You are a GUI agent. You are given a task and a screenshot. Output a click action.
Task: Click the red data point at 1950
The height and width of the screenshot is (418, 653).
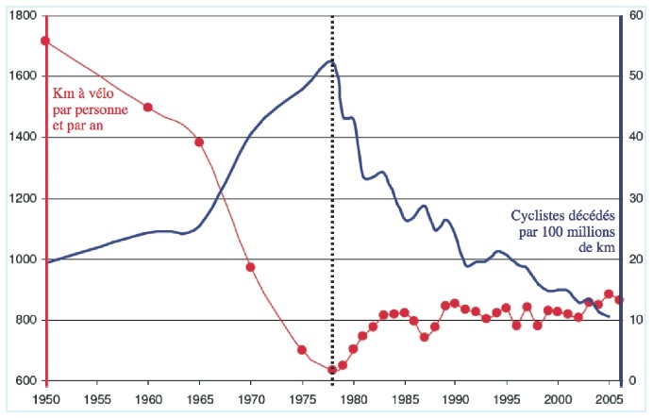click(45, 41)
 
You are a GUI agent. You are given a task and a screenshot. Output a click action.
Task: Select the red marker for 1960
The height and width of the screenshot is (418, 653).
click(148, 108)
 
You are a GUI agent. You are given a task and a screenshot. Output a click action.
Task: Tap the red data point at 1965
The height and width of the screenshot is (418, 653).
click(199, 142)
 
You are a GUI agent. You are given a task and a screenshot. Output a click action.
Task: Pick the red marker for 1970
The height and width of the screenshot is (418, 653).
click(251, 267)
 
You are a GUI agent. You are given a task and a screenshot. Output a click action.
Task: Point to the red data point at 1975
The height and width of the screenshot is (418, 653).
click(302, 350)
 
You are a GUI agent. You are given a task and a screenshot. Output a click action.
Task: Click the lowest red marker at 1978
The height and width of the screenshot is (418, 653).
click(332, 370)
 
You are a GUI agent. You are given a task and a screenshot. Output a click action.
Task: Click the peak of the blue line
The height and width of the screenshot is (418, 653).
click(331, 61)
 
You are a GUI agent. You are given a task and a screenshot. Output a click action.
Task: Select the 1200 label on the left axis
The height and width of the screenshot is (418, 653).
click(25, 199)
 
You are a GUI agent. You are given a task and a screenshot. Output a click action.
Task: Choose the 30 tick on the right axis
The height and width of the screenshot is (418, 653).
click(634, 199)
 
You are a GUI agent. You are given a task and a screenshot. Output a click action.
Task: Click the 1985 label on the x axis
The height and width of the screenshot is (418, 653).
click(405, 400)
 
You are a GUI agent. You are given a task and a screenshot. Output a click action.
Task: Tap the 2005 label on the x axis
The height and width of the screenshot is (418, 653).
click(610, 400)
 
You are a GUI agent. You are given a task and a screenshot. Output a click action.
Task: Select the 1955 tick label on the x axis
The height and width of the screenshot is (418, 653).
click(97, 400)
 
